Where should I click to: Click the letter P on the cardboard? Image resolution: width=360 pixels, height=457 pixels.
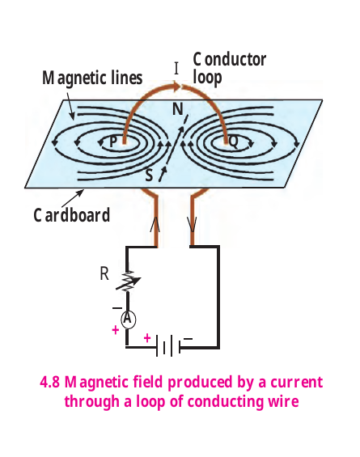(x=113, y=142)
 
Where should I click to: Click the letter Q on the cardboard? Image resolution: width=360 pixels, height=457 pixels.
(x=234, y=142)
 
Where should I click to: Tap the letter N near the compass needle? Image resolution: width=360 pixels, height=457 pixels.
(x=178, y=109)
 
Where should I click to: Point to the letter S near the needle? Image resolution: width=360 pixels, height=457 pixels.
(x=149, y=176)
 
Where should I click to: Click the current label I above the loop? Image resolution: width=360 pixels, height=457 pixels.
(x=176, y=69)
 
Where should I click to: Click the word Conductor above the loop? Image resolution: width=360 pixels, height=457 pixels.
(x=230, y=60)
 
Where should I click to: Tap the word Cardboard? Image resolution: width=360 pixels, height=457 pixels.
(x=72, y=215)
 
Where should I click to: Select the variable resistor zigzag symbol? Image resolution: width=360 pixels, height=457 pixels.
(x=128, y=281)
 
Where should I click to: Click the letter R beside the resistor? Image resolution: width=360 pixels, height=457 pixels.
(x=104, y=274)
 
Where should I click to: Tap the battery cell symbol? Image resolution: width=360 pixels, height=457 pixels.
(x=168, y=345)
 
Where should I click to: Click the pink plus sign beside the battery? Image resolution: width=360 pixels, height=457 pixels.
(x=147, y=338)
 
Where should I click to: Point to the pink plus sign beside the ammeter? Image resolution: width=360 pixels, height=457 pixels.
(x=116, y=330)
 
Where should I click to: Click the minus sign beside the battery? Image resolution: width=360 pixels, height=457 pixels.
(x=188, y=339)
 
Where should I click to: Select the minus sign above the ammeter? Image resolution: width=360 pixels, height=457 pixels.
(x=117, y=308)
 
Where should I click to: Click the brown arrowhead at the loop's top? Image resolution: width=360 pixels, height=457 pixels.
(x=176, y=86)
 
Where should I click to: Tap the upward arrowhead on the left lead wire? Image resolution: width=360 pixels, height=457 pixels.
(x=155, y=225)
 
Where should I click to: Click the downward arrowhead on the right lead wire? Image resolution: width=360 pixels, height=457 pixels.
(x=192, y=225)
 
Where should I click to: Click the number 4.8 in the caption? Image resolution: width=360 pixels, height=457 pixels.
(x=49, y=382)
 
